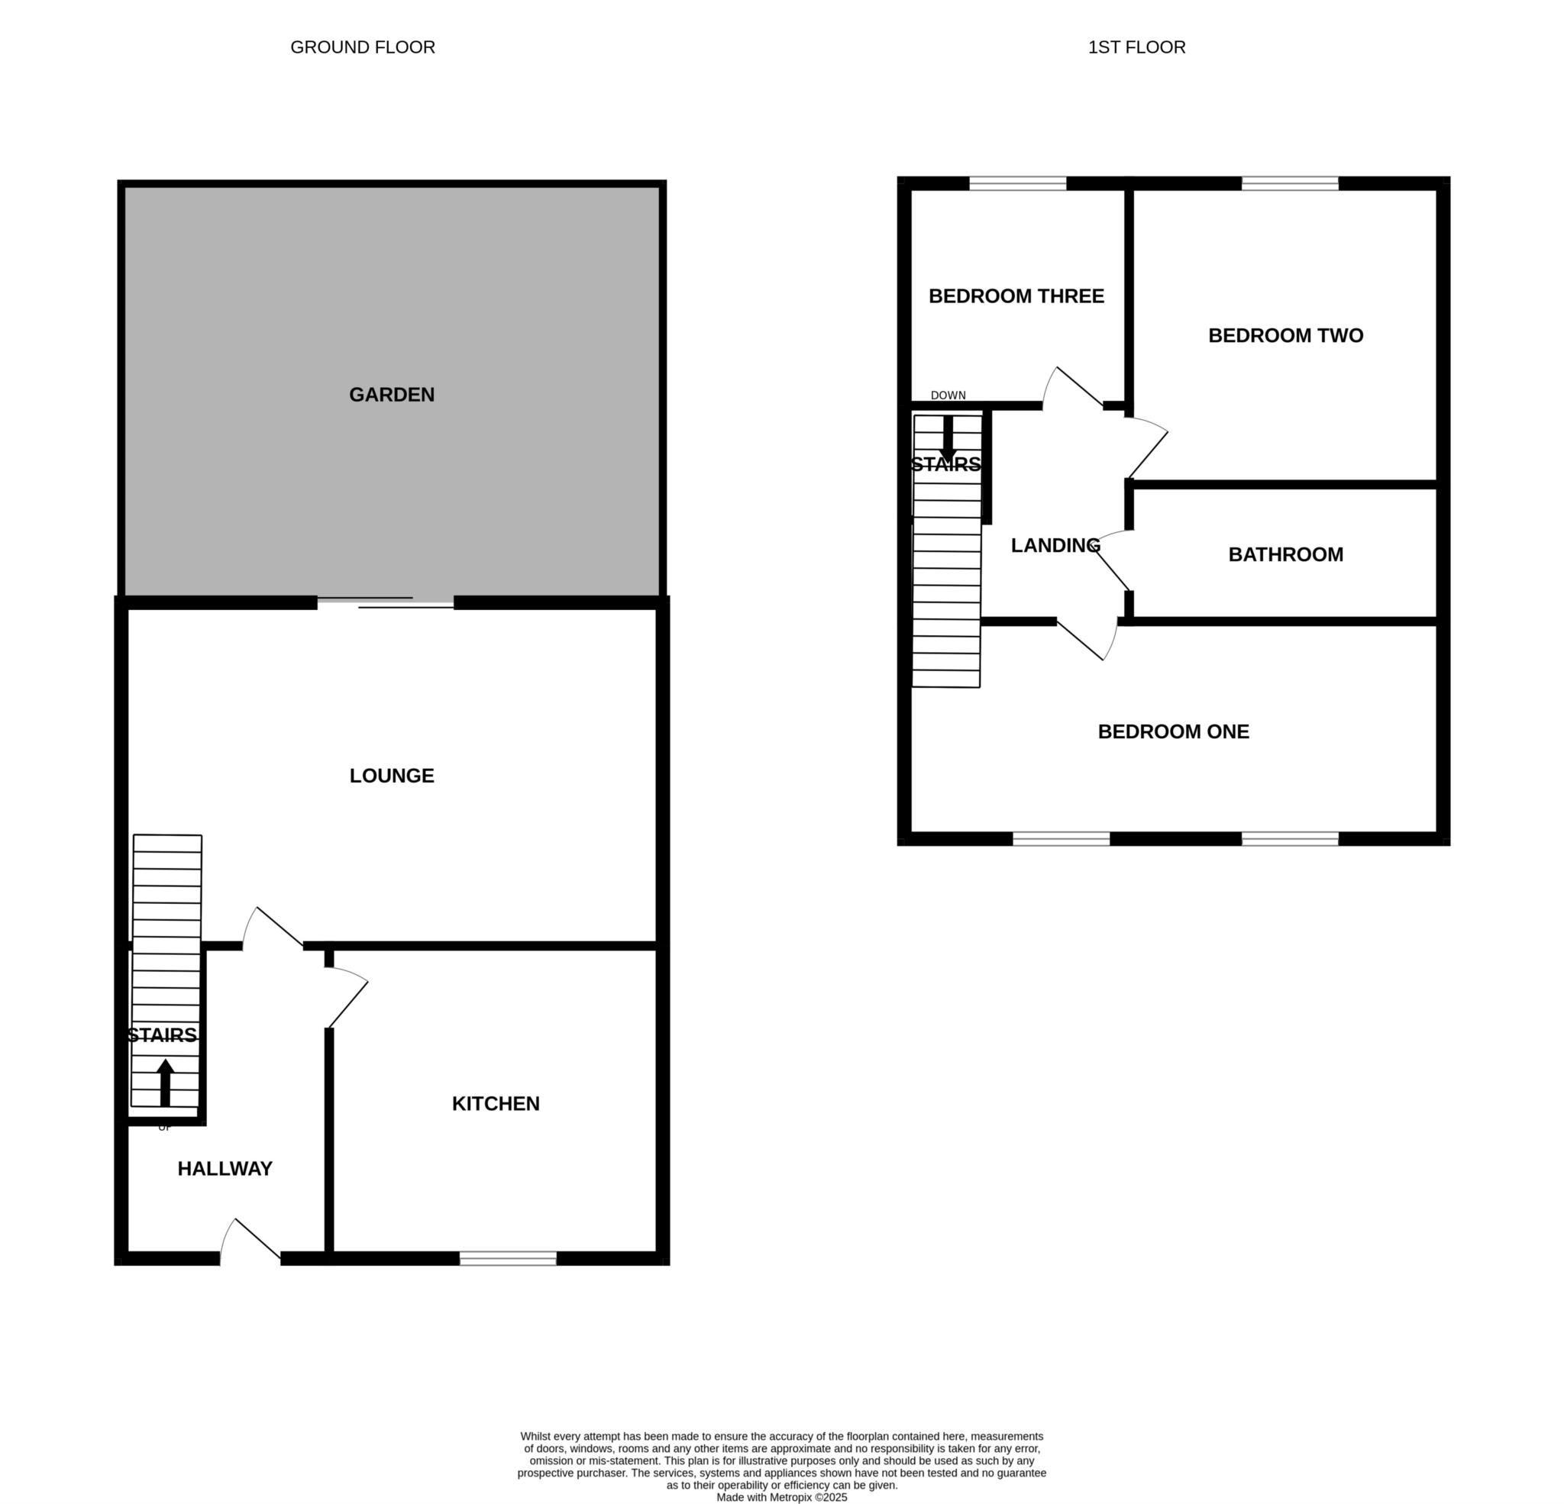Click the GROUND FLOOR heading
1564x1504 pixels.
tap(362, 47)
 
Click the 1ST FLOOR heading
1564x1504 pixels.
tap(1136, 47)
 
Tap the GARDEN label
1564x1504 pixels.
tap(392, 394)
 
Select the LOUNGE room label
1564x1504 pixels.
tap(392, 776)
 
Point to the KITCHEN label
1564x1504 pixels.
tap(496, 1103)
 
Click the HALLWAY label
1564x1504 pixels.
tap(225, 1169)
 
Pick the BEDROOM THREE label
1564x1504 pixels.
tap(1016, 296)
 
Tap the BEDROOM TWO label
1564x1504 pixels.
tap(1285, 336)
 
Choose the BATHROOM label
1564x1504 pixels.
tap(1285, 554)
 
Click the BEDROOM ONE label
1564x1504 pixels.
tap(1173, 731)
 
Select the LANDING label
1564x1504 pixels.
tap(1055, 546)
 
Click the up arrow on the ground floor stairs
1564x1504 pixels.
tap(165, 1083)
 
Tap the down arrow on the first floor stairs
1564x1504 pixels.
tap(948, 440)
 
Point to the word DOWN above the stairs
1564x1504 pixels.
tap(948, 395)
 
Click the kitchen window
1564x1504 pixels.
tap(508, 1258)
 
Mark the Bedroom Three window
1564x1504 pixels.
tap(1017, 183)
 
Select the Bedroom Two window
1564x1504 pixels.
tap(1290, 183)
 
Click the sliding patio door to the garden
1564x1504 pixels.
tap(386, 602)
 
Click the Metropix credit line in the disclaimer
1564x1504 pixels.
tap(782, 1498)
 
